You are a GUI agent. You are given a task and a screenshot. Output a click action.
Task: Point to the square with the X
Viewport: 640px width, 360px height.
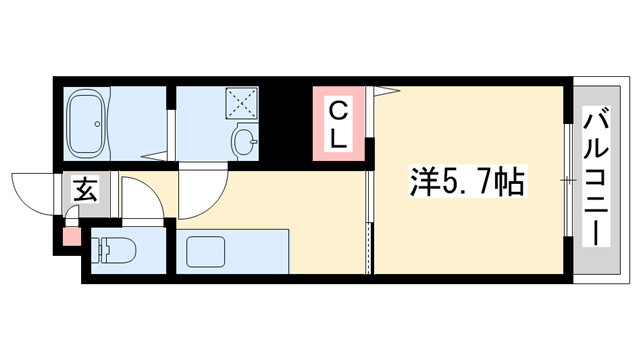[240, 103]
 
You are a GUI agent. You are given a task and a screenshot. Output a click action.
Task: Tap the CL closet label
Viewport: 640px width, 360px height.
[339, 124]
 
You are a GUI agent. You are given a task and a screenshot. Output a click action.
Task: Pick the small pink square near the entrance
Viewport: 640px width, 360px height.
[70, 238]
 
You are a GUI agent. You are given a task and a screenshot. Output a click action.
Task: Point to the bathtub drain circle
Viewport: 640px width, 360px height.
[97, 125]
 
